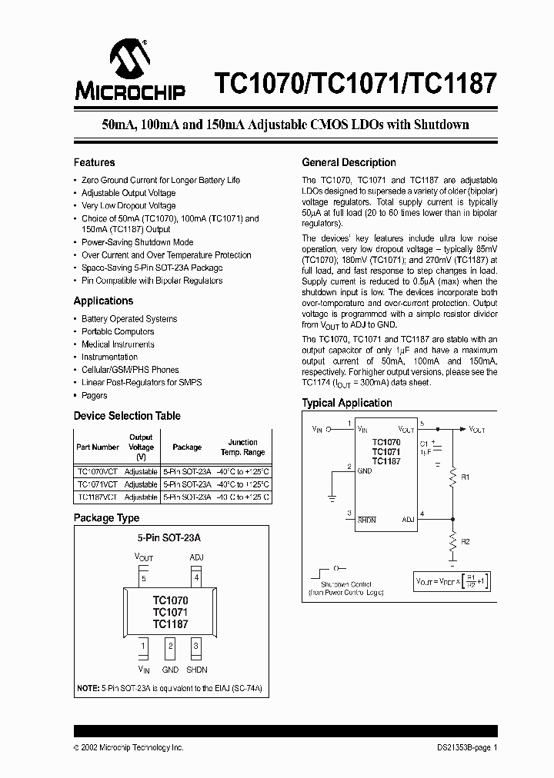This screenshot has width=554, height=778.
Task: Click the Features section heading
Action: (x=94, y=162)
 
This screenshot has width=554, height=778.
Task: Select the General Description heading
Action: (x=349, y=162)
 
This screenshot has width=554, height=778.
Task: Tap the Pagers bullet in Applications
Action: (x=95, y=395)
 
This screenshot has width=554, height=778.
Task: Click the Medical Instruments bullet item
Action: (x=118, y=344)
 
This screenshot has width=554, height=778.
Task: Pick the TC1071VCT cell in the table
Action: (x=98, y=484)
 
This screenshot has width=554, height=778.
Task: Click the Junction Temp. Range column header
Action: (x=242, y=447)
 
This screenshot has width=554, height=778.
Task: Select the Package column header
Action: (x=187, y=447)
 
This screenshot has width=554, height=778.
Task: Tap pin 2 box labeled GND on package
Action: (x=170, y=647)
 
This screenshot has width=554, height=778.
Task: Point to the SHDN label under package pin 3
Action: (x=196, y=670)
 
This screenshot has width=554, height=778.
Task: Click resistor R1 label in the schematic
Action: (x=466, y=477)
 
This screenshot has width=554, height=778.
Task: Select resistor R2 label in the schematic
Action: (x=466, y=542)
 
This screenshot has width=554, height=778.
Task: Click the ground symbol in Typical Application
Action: (x=330, y=497)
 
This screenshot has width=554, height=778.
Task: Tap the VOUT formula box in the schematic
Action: (x=451, y=581)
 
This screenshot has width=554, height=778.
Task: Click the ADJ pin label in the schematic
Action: (x=408, y=520)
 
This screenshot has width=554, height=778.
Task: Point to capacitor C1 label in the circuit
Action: (x=424, y=444)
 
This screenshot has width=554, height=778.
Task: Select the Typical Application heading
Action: (x=346, y=403)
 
